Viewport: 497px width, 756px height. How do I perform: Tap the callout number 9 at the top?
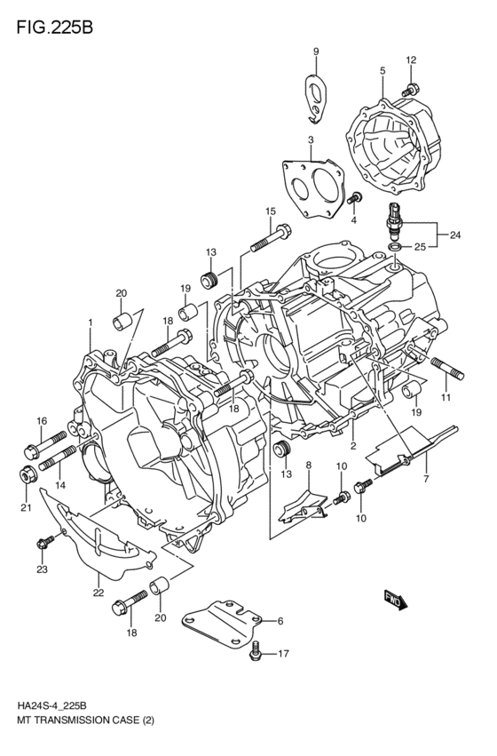(315, 51)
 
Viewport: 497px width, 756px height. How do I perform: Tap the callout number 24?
(455, 235)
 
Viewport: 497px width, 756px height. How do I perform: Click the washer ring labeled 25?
(396, 245)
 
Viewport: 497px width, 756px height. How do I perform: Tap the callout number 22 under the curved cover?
(97, 592)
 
